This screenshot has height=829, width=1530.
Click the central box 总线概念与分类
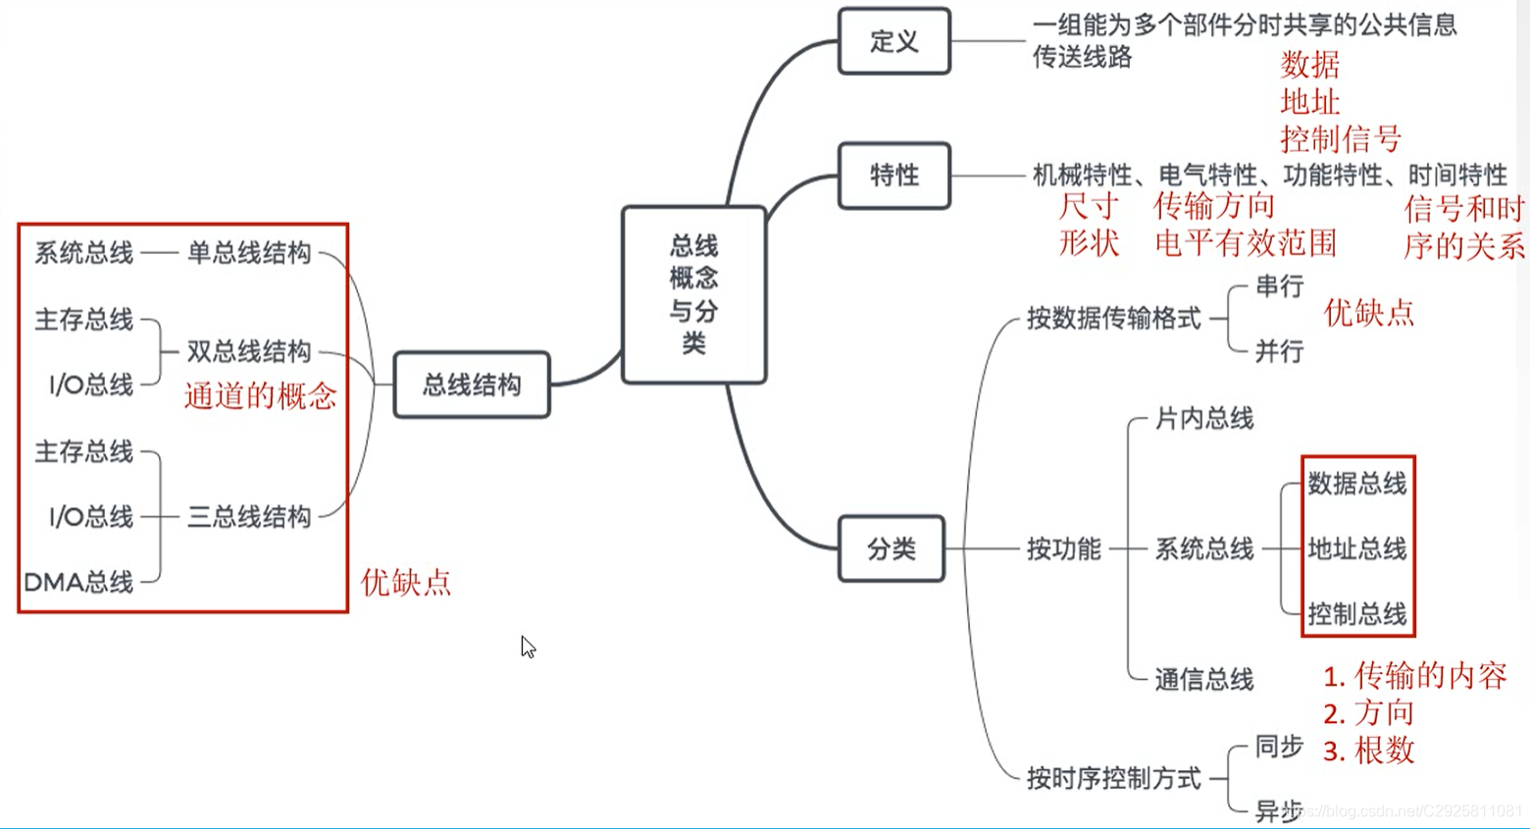[x=693, y=294]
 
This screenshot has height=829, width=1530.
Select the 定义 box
[x=893, y=41]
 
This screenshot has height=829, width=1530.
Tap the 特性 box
[x=893, y=176]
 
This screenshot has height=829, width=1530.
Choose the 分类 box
[x=891, y=548]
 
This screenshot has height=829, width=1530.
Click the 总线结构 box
[x=472, y=385]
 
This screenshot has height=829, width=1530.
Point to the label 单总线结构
[x=249, y=253]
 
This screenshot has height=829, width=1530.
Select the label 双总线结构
[x=249, y=351]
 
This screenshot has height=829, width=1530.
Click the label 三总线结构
[x=249, y=516]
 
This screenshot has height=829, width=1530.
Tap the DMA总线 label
[x=78, y=582]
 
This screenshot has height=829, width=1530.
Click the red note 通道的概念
[x=260, y=396]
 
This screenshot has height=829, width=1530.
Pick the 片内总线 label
[x=1203, y=419]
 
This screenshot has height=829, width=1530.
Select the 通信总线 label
[x=1203, y=679]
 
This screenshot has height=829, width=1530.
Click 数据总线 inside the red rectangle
[x=1357, y=484]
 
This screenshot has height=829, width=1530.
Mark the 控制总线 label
[x=1357, y=614]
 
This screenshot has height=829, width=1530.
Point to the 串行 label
[x=1279, y=286]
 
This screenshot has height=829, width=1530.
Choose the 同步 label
[x=1279, y=747]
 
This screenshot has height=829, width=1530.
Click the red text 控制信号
[x=1341, y=139]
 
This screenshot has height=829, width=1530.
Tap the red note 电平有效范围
[x=1246, y=243]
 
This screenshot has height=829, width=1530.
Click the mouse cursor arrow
[x=527, y=646]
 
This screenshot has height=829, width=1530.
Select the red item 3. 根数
[x=1368, y=751]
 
